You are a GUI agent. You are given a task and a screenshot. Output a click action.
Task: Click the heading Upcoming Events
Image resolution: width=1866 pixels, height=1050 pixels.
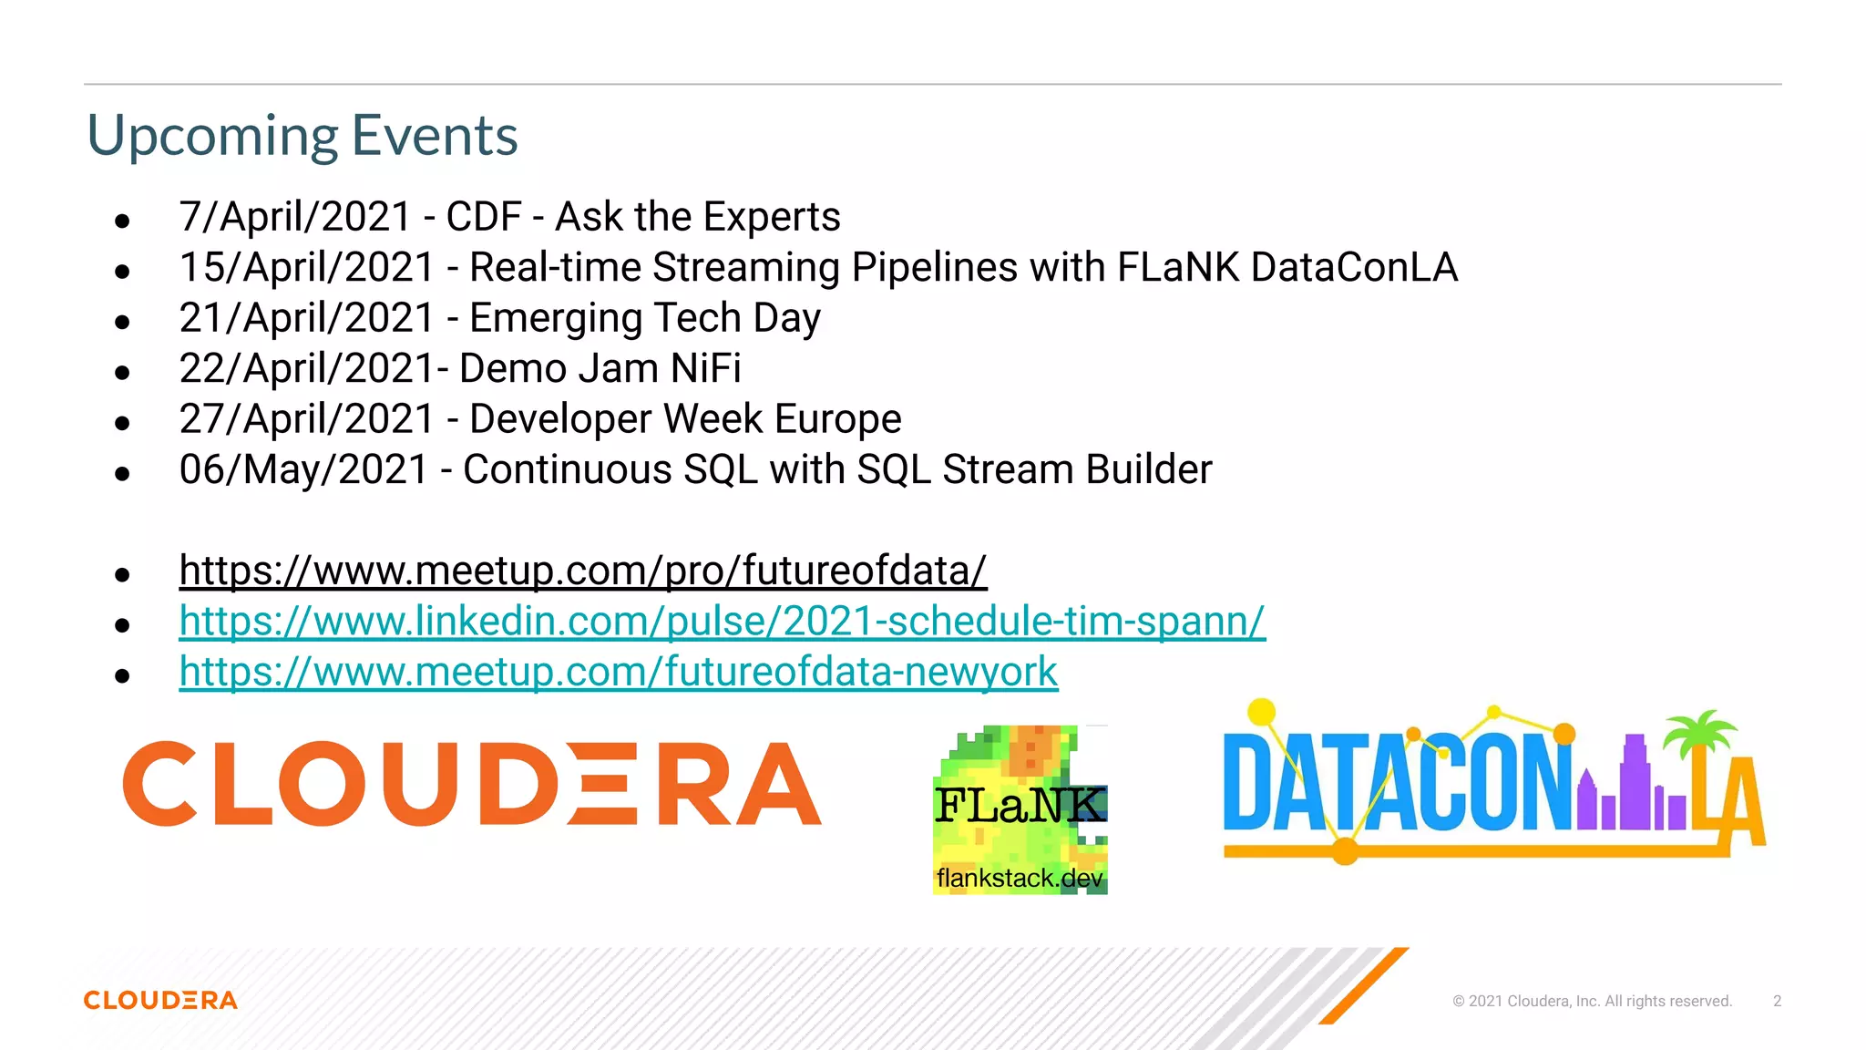pyautogui.click(x=302, y=136)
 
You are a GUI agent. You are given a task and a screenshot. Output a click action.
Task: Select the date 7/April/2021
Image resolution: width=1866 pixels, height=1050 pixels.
pyautogui.click(x=295, y=217)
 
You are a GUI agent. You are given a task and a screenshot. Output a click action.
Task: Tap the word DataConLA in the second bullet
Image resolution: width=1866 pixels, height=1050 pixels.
pyautogui.click(x=1354, y=268)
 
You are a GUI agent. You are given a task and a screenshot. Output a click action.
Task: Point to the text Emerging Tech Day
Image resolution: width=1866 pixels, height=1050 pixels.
pyautogui.click(x=644, y=318)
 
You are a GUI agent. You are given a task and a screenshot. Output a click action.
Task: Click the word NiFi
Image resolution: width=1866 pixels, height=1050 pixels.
pyautogui.click(x=705, y=369)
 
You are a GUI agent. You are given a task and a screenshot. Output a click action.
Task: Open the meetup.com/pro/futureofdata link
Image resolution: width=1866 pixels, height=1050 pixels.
pyautogui.click(x=583, y=571)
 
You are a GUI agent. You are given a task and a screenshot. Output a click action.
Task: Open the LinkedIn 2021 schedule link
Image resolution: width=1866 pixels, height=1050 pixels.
pyautogui.click(x=722, y=622)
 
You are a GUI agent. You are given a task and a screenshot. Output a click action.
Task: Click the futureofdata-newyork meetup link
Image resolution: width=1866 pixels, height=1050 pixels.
pyautogui.click(x=618, y=673)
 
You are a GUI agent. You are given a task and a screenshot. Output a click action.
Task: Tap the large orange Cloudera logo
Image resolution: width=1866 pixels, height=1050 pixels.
pyautogui.click(x=472, y=784)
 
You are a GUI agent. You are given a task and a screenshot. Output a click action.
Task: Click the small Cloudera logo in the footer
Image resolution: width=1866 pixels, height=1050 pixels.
pyautogui.click(x=160, y=1001)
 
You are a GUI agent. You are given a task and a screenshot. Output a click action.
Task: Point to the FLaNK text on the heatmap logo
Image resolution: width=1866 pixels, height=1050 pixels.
pyautogui.click(x=1020, y=806)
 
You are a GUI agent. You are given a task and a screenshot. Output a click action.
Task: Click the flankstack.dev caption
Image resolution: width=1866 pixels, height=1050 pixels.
pyautogui.click(x=1019, y=879)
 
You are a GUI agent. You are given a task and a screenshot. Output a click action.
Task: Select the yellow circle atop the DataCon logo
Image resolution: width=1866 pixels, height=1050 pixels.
pyautogui.click(x=1262, y=712)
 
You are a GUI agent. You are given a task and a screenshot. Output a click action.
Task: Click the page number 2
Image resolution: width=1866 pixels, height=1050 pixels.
pyautogui.click(x=1777, y=1001)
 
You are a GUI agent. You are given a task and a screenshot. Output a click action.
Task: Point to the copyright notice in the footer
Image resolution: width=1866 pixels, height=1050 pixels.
pyautogui.click(x=1592, y=1001)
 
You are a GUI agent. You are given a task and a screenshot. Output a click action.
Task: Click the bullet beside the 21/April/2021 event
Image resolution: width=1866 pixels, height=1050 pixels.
pyautogui.click(x=122, y=322)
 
